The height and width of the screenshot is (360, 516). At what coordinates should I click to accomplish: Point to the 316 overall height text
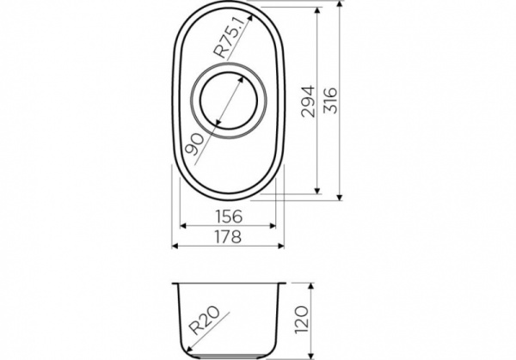(x=331, y=101)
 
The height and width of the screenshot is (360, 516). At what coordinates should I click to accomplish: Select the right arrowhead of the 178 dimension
(x=283, y=245)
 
